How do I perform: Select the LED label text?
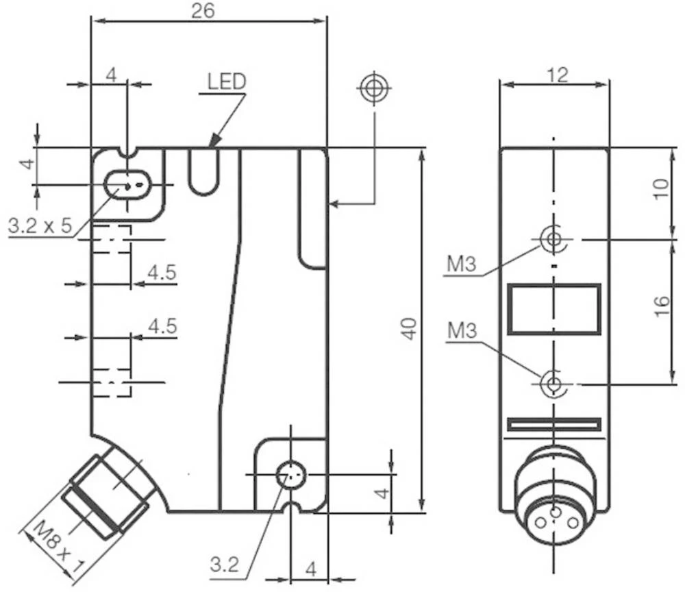[x=227, y=82]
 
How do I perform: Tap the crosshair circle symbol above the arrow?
[x=374, y=88]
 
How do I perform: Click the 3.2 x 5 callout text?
[x=40, y=226]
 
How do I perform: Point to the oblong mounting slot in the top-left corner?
[x=126, y=184]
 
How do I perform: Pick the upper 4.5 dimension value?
[x=162, y=272]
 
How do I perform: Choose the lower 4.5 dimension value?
[x=162, y=325]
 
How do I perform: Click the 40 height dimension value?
[x=409, y=329]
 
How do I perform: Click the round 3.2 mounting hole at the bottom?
[x=291, y=473]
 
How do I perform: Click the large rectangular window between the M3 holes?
[x=553, y=310]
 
